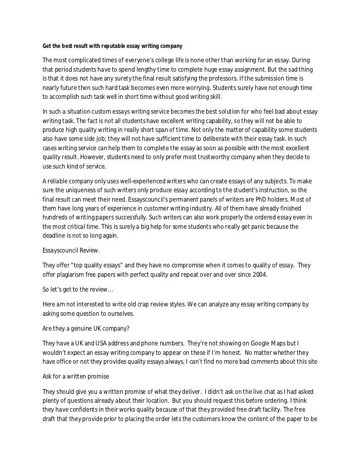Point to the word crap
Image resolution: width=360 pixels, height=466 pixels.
[144, 306]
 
